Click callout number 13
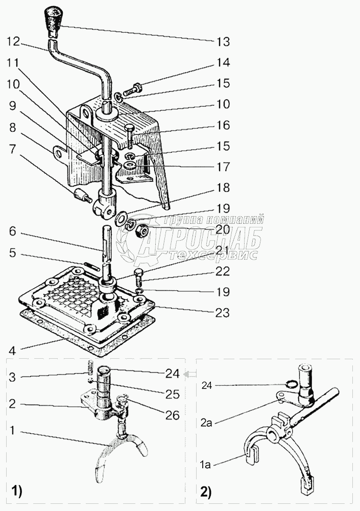pyautogui.click(x=223, y=41)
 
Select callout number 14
pyautogui.click(x=223, y=63)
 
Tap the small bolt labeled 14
pyautogui.click(x=137, y=89)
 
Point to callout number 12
pyautogui.click(x=13, y=41)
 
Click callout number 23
pyautogui.click(x=223, y=312)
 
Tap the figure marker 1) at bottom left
pyautogui.click(x=16, y=493)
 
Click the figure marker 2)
pyautogui.click(x=205, y=493)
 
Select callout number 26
pyautogui.click(x=173, y=415)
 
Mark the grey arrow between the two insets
pyautogui.click(x=190, y=375)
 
